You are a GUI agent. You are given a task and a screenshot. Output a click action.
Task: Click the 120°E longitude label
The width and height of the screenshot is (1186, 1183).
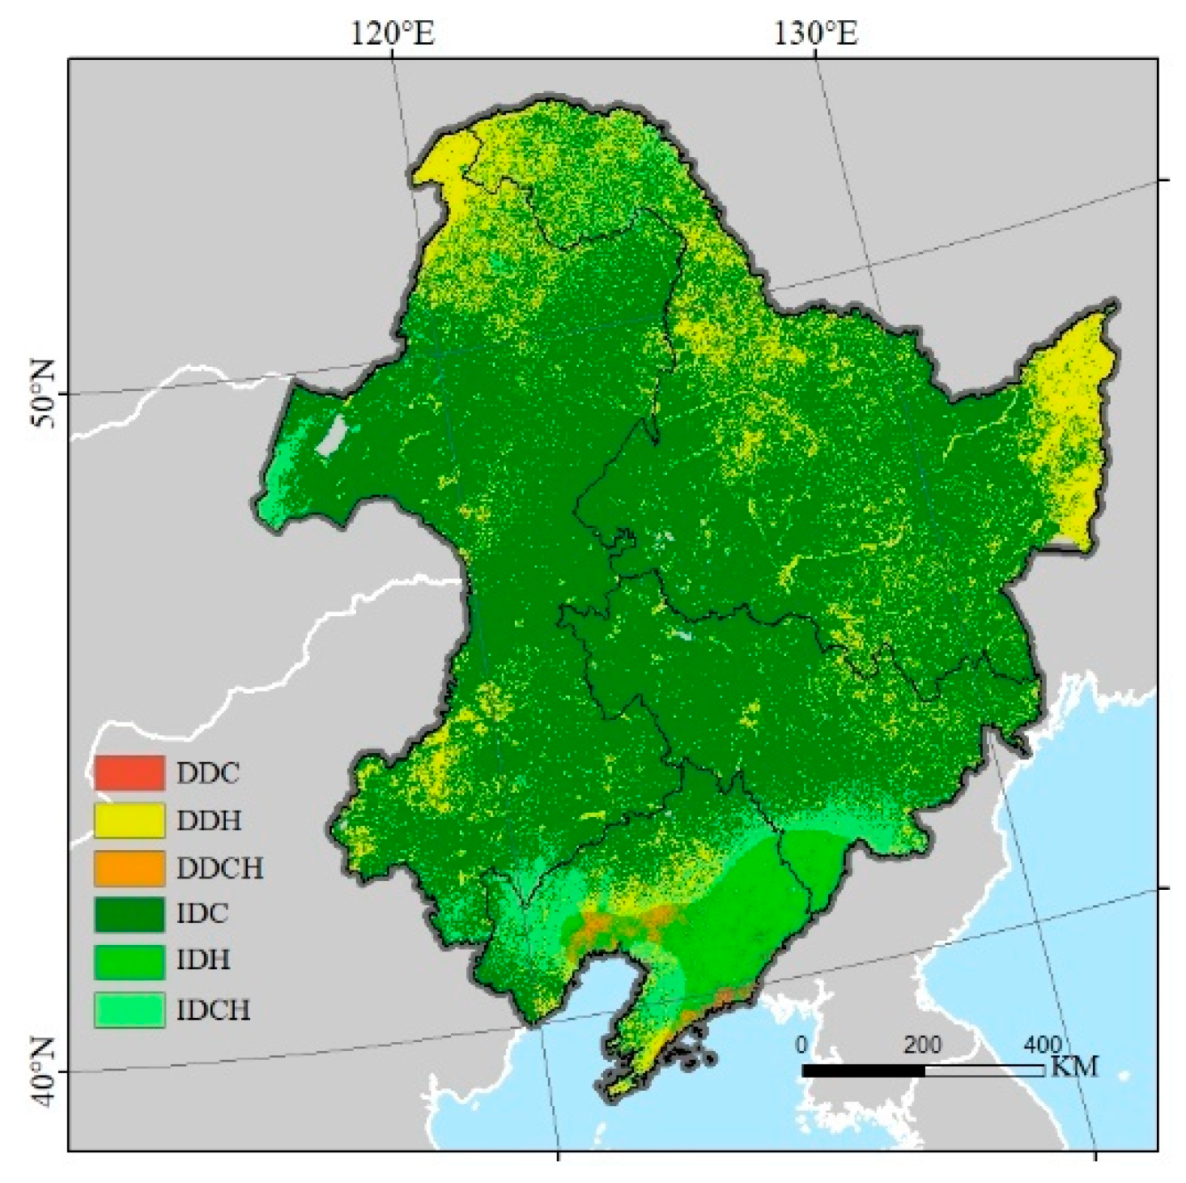coord(393,34)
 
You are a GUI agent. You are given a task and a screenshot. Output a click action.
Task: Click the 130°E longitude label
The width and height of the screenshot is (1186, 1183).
coord(815,34)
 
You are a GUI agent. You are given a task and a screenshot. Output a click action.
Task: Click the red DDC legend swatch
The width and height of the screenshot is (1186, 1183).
coord(130,772)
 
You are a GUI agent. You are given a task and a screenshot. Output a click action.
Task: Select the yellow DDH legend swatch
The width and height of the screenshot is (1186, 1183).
coord(130,820)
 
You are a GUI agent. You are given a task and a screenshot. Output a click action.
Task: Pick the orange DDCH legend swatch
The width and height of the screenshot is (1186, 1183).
coord(130,867)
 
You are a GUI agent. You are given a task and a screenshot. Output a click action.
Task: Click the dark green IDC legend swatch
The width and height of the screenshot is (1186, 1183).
coord(130,913)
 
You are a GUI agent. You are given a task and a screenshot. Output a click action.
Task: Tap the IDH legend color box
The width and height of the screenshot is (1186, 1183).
coord(130,961)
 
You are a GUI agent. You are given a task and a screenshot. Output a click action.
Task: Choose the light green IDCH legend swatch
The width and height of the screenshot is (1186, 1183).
coord(130,1010)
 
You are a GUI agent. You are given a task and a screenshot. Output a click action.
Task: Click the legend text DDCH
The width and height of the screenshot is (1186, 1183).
coord(220,868)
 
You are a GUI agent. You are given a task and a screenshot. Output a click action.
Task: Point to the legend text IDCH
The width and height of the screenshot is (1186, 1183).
coord(214,1010)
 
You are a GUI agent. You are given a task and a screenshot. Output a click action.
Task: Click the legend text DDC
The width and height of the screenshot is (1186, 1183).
coord(208,773)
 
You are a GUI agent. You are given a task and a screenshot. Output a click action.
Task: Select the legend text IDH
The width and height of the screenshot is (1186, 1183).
coord(203,961)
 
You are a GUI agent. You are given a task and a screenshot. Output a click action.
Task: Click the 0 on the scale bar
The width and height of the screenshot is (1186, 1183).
coord(801,1045)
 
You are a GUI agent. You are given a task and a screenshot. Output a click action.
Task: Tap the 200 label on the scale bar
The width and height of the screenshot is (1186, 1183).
coord(922,1045)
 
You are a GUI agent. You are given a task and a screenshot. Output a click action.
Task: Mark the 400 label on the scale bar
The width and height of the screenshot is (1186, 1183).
coord(1042,1045)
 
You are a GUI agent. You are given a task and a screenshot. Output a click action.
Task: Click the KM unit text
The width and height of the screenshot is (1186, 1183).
coord(1074,1067)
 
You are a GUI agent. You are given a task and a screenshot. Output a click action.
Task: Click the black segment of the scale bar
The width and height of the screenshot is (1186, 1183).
coord(863,1070)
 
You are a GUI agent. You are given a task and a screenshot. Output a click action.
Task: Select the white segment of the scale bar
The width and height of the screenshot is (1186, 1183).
coord(984,1070)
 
